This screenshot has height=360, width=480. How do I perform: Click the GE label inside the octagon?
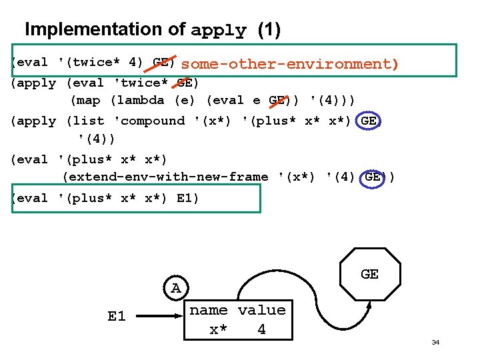click(369, 274)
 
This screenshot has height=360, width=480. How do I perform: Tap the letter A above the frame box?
click(175, 288)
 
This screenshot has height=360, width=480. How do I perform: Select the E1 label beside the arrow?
click(117, 316)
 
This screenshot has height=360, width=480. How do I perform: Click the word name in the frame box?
click(209, 310)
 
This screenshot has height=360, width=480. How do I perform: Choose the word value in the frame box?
click(261, 310)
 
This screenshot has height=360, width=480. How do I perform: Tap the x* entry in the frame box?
click(218, 329)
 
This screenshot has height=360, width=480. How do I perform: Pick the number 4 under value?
click(261, 329)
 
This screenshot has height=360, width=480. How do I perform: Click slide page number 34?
click(435, 342)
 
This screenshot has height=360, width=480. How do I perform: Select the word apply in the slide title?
click(219, 31)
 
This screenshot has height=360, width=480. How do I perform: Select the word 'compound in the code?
click(149, 121)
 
